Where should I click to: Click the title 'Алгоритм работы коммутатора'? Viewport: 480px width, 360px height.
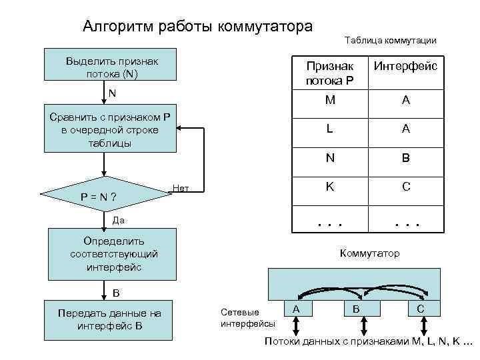[x=197, y=27]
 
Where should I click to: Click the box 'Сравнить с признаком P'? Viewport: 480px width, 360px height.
[x=111, y=129]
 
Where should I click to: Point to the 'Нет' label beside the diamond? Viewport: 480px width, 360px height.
[x=181, y=188]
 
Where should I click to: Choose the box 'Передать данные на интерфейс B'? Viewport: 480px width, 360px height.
[x=109, y=319]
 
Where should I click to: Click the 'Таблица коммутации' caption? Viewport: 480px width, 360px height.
[x=391, y=41]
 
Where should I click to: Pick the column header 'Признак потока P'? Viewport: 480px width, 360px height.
[x=329, y=73]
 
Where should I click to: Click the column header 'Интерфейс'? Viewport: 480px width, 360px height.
[x=405, y=67]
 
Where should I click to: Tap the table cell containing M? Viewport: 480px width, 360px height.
[x=329, y=100]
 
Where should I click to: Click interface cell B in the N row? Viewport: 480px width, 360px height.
[x=405, y=159]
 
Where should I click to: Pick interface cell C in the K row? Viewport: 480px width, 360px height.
[x=405, y=187]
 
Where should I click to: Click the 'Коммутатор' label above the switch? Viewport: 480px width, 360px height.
[x=370, y=253]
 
